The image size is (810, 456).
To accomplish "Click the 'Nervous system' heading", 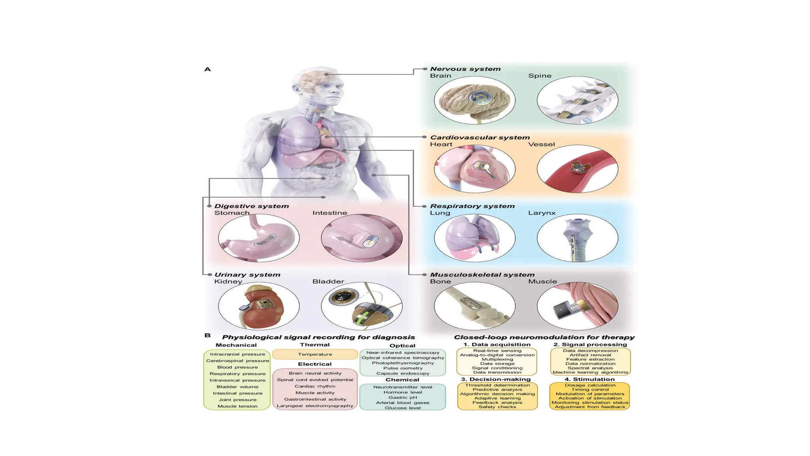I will [x=465, y=69].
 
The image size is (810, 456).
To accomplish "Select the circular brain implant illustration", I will [x=475, y=100].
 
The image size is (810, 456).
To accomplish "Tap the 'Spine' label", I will [x=539, y=76].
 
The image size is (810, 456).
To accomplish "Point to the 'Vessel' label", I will [x=541, y=144].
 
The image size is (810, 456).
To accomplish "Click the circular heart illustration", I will [x=475, y=169].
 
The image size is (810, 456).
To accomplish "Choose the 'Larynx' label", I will [x=542, y=213].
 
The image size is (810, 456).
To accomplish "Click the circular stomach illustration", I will [x=259, y=237].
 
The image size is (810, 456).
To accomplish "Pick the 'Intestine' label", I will [x=329, y=213].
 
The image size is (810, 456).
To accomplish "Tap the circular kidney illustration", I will [x=259, y=306].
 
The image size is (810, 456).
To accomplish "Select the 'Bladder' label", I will [x=328, y=281].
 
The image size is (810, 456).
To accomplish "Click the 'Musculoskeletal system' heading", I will [x=482, y=275].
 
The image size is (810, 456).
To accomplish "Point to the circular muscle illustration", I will [x=577, y=306].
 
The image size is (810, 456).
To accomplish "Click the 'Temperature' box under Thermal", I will [x=315, y=354].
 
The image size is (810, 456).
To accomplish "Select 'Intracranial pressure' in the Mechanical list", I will [x=237, y=354].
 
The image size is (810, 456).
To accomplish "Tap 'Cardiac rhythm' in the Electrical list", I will [x=315, y=386].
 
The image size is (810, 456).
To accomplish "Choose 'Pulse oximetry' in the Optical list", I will [x=403, y=368].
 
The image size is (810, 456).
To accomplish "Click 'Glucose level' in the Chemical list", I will [x=403, y=408].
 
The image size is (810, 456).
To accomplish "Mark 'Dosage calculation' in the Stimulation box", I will [x=590, y=385].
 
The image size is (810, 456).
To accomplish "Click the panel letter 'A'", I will [x=208, y=69].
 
